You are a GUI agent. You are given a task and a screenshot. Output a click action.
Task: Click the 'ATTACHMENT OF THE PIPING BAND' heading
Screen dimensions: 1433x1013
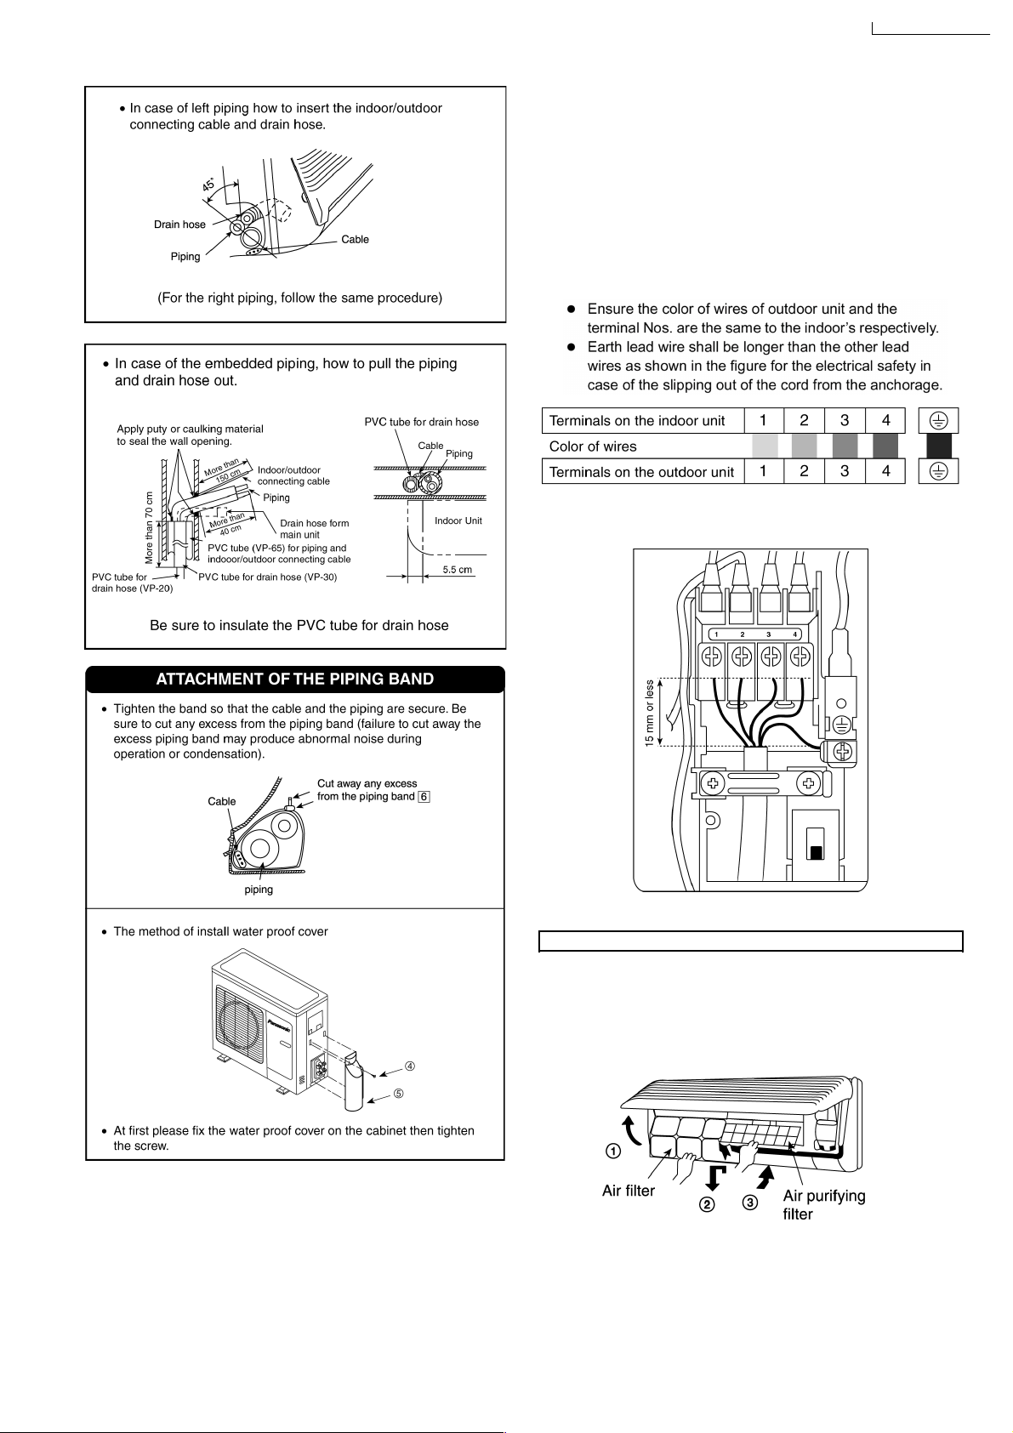coord(294,680)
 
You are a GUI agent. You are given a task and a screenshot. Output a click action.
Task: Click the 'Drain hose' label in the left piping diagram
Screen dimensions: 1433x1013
coord(179,225)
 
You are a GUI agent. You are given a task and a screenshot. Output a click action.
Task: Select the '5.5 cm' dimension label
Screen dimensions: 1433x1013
coord(458,570)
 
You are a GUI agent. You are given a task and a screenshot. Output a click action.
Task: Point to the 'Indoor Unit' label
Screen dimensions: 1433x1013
coord(458,520)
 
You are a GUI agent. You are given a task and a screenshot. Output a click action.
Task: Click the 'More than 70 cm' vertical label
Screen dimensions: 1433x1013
coord(150,527)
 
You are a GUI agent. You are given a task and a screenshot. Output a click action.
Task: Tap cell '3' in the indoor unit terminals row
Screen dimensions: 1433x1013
coord(845,420)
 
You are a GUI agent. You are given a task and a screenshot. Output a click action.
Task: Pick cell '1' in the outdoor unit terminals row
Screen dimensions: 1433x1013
coord(765,471)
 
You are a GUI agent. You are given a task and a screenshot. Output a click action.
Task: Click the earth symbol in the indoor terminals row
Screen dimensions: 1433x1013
coord(938,420)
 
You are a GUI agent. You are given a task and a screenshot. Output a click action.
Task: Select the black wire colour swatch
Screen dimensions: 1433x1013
coord(939,446)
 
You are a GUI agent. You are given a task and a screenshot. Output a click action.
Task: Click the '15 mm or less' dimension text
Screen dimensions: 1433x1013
coord(650,713)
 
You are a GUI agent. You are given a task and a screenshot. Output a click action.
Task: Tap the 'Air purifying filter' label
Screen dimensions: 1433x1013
coord(823,1204)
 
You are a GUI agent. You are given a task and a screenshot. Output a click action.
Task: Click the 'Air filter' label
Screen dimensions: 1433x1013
coord(629,1191)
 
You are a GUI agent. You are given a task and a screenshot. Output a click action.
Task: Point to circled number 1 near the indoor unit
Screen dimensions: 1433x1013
coord(612,1151)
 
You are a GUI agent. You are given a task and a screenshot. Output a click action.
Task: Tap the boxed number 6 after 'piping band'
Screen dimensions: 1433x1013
coord(424,797)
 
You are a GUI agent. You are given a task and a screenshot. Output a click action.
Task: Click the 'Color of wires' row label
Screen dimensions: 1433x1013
coord(593,446)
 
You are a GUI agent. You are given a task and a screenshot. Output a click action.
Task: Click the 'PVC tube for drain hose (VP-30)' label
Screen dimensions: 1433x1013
coord(268,577)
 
